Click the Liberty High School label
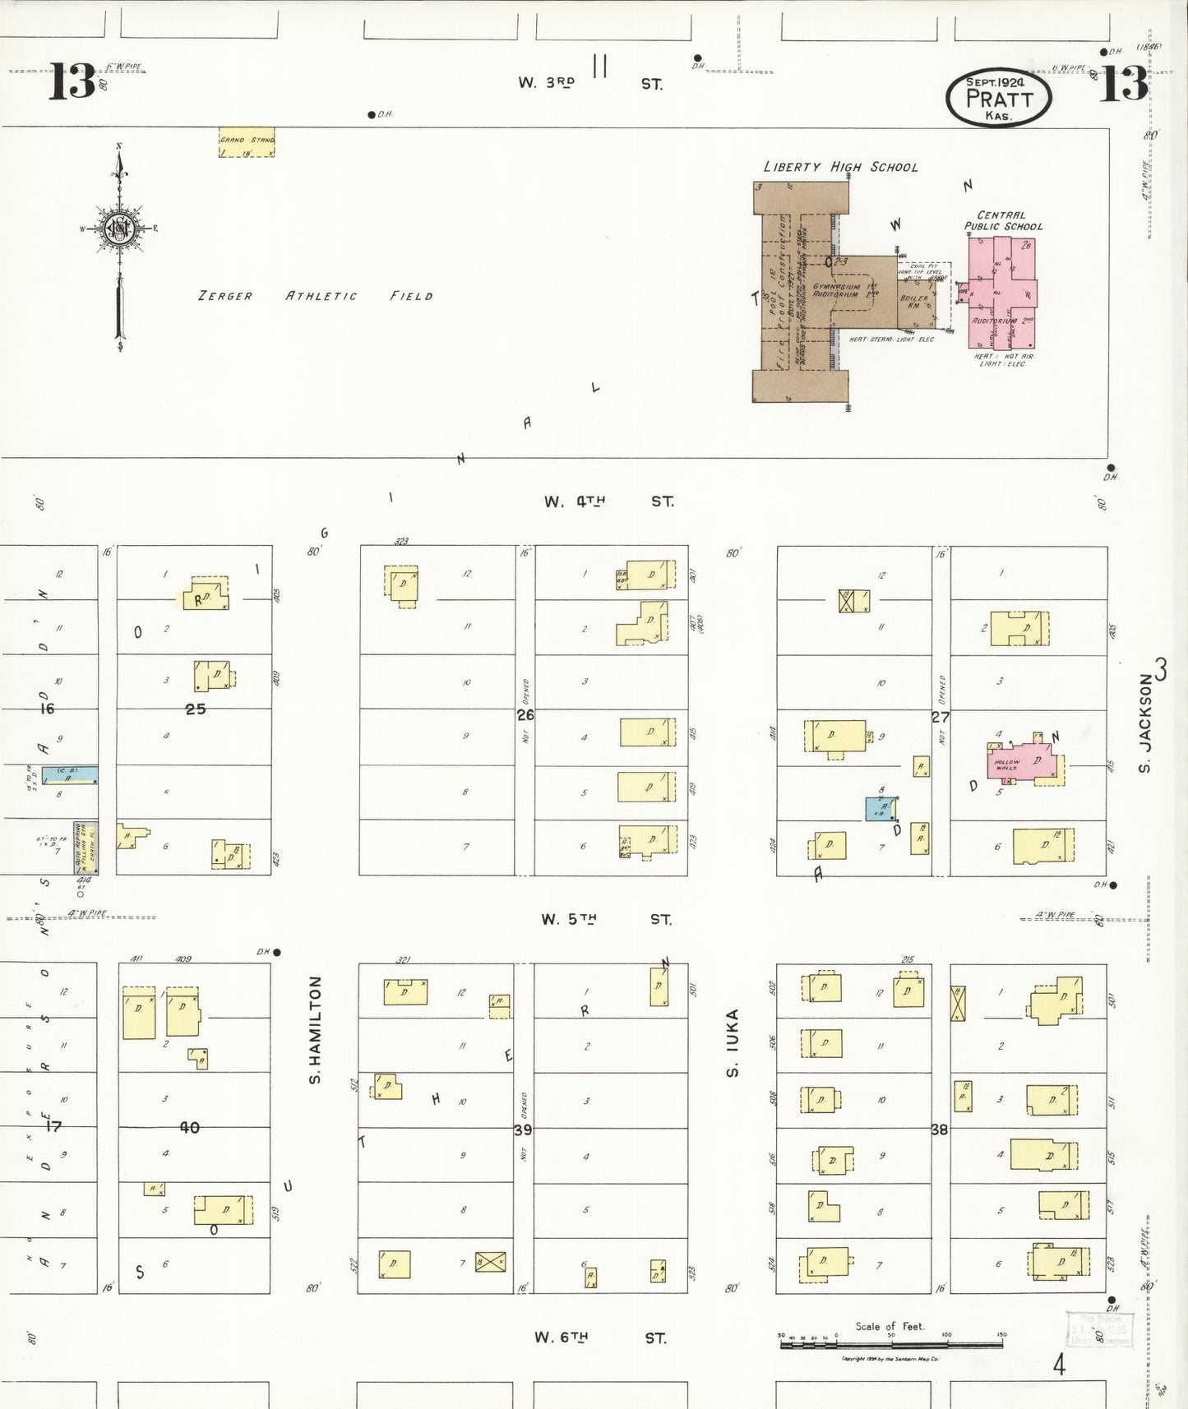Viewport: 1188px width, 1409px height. [x=840, y=167]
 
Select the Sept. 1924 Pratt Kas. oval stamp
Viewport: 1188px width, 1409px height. [x=998, y=98]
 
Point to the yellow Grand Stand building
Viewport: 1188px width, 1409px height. [x=246, y=141]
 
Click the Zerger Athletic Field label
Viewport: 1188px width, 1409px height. [x=315, y=296]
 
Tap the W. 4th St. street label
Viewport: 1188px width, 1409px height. [x=608, y=501]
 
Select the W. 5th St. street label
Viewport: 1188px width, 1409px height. [x=606, y=919]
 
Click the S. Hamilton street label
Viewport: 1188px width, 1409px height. [x=315, y=1029]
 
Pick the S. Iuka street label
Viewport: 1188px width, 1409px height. [x=733, y=1042]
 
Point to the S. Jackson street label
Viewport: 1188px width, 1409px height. [x=1145, y=723]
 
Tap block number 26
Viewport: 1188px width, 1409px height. [x=525, y=715]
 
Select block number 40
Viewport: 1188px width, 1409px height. [x=189, y=1128]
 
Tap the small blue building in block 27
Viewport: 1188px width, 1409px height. [x=880, y=809]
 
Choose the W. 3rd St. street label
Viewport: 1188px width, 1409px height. [x=589, y=83]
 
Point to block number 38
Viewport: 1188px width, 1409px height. [x=939, y=1130]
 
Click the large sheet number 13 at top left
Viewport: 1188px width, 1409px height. [x=72, y=82]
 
